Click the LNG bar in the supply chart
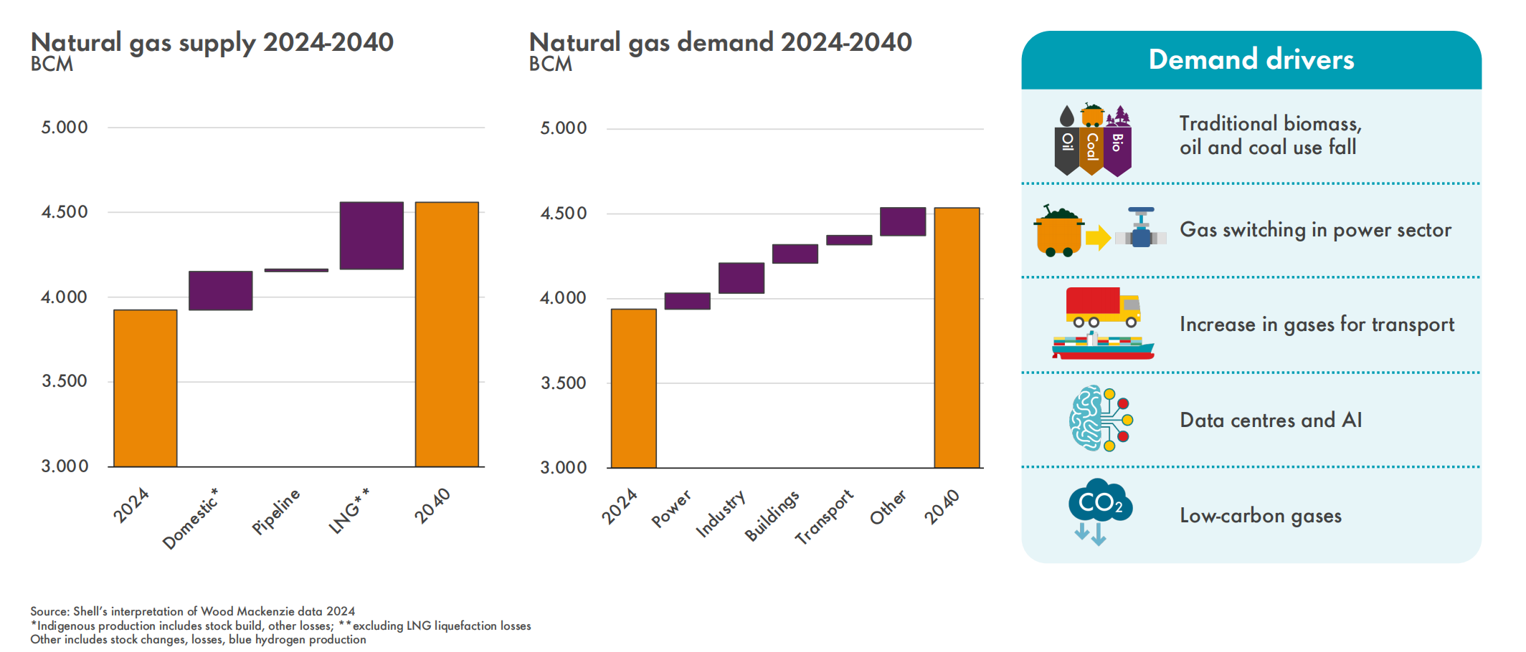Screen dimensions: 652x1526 (x=371, y=236)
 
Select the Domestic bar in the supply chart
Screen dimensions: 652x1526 (x=220, y=290)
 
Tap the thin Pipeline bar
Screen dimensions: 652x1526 (x=296, y=270)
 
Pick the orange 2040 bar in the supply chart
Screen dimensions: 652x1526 (x=447, y=335)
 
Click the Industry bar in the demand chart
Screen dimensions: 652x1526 (x=741, y=278)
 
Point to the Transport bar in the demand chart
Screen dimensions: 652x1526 (x=849, y=240)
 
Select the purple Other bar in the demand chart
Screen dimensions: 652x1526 (x=903, y=221)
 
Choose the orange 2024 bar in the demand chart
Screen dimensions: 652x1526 (x=633, y=388)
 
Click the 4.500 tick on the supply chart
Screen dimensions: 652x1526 (x=65, y=212)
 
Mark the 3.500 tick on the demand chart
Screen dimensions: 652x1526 (x=564, y=383)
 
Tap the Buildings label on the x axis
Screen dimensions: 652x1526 (x=772, y=515)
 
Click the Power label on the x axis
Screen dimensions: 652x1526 (x=671, y=508)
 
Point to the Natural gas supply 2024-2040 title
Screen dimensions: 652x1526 (x=212, y=42)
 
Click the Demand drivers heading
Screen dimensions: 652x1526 (x=1251, y=59)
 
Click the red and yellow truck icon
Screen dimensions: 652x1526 (x=1102, y=307)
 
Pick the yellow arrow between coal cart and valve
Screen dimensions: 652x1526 (x=1097, y=238)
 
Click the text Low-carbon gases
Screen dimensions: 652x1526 (x=1261, y=516)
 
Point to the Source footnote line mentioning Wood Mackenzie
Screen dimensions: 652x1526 (x=193, y=611)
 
